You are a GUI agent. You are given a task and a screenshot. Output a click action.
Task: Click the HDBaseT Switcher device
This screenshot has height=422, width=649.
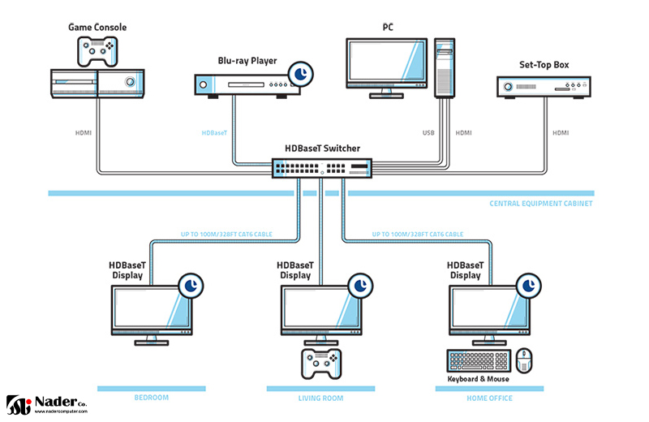[323, 167]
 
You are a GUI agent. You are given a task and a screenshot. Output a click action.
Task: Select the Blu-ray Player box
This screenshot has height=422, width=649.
[241, 84]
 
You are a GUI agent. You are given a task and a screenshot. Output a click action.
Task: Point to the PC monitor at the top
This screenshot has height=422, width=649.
[386, 63]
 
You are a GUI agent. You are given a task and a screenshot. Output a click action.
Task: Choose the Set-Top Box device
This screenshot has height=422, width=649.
[542, 86]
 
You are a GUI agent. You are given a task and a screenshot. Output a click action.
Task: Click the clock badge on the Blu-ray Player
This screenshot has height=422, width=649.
[301, 74]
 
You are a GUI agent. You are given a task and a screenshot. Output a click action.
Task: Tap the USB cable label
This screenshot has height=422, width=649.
[429, 132]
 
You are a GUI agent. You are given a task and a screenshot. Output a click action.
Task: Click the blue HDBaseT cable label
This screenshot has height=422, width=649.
[215, 132]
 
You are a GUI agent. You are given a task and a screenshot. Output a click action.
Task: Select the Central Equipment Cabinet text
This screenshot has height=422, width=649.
[541, 204]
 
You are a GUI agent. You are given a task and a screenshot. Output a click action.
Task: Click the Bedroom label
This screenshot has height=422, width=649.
[151, 398]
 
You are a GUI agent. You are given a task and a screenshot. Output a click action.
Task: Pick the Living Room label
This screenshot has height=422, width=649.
[320, 398]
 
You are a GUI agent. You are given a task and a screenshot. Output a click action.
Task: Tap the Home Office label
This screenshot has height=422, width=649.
[489, 398]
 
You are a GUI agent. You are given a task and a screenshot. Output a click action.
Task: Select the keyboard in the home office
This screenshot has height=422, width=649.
[478, 360]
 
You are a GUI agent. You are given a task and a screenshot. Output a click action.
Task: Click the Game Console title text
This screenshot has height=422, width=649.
[97, 28]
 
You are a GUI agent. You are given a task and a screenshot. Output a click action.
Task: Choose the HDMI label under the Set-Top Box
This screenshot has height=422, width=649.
[561, 132]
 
